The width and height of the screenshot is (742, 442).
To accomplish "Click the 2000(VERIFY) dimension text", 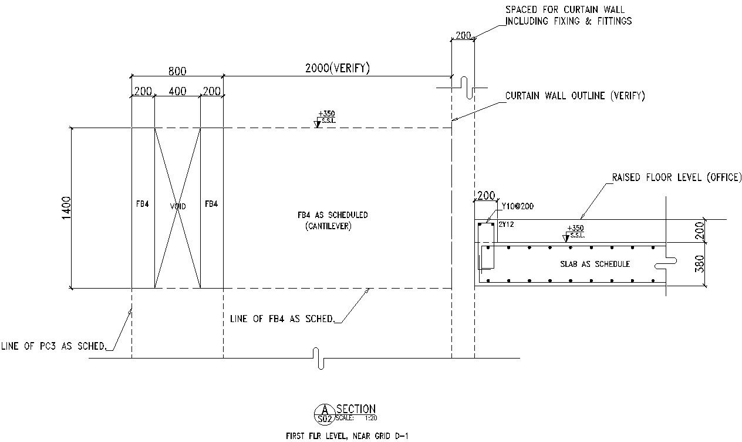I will click(337, 68).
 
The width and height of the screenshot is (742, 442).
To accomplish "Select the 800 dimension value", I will click(177, 71).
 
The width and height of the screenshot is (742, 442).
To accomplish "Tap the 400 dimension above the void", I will click(177, 91).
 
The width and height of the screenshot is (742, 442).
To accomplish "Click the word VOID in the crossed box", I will click(178, 207).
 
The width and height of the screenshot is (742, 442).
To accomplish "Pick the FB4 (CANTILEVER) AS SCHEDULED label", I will click(332, 220).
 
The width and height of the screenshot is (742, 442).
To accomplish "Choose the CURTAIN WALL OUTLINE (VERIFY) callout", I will click(575, 96).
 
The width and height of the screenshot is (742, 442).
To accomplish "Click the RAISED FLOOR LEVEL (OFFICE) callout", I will click(676, 177).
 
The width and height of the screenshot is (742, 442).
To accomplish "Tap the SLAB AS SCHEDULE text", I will click(595, 264).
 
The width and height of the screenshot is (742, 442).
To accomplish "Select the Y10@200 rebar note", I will click(518, 206).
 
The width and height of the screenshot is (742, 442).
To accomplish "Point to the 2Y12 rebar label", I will click(506, 225).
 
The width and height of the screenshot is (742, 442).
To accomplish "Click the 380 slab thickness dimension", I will click(699, 264).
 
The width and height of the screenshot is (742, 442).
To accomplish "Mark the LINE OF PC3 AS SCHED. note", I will click(55, 346).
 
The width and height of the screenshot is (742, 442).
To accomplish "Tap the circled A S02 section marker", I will click(324, 414).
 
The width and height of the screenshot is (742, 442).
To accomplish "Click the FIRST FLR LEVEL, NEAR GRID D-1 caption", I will click(346, 436).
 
